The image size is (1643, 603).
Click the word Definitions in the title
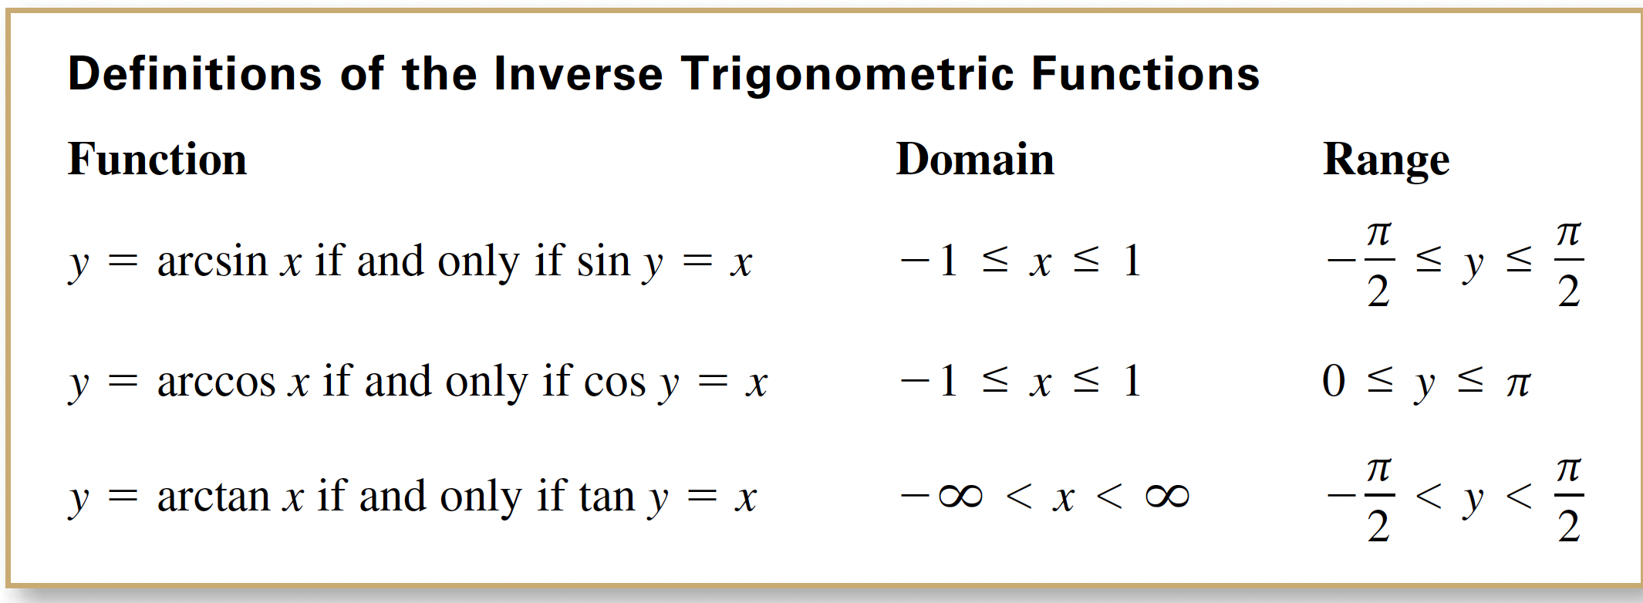click(x=194, y=74)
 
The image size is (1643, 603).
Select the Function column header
click(x=157, y=160)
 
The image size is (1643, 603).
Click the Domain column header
click(x=975, y=160)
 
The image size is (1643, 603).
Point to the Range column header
click(x=1386, y=161)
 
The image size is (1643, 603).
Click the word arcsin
click(x=212, y=261)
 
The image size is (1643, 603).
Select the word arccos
click(x=216, y=382)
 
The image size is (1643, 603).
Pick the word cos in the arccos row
click(x=615, y=383)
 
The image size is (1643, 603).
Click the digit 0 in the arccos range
click(x=1334, y=382)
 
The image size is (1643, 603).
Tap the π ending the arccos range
click(x=1518, y=384)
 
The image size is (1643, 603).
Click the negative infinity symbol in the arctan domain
click(x=942, y=496)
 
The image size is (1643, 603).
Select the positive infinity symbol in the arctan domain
click(x=1167, y=496)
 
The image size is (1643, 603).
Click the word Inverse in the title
click(x=578, y=75)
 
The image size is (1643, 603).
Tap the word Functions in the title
click(x=1145, y=75)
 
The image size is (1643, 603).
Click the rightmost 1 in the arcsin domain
click(x=1132, y=261)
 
